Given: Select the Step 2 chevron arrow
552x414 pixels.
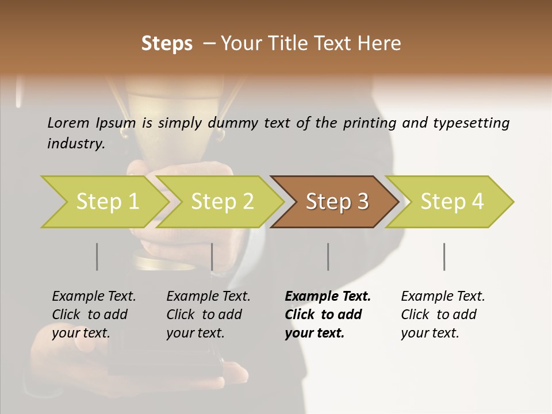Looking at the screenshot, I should (x=221, y=202).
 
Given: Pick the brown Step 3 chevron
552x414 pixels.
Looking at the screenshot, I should (x=336, y=202).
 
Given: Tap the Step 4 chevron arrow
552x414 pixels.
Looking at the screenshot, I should (x=451, y=202).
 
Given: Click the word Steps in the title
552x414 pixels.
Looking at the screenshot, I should (x=167, y=44).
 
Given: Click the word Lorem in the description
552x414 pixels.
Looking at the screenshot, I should (x=68, y=123).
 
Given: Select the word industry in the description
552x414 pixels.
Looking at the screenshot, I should (x=76, y=144).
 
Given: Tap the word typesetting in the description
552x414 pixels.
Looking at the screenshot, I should (x=472, y=123).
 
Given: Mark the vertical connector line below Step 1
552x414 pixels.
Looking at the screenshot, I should (x=97, y=256).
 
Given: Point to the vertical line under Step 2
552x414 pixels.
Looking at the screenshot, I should (x=212, y=256).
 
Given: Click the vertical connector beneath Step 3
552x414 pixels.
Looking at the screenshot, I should (x=328, y=256).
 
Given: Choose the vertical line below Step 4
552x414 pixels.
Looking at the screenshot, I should (x=444, y=256).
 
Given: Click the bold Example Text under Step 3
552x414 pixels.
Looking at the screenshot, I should (x=328, y=297).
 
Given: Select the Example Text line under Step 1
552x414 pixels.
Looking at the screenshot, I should (x=94, y=297).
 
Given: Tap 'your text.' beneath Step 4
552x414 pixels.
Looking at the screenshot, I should (x=430, y=333).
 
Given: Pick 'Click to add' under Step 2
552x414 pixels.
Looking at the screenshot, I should (x=204, y=315).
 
